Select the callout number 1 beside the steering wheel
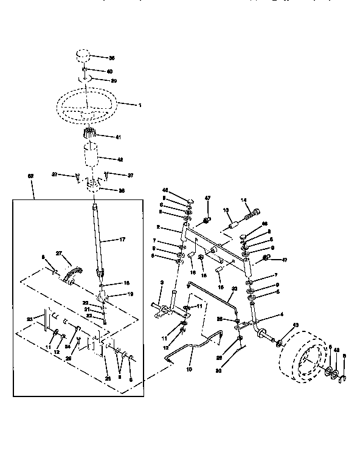(x=139, y=105)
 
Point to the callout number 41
(x=118, y=137)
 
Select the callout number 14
(x=244, y=200)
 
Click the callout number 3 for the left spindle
(x=162, y=283)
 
